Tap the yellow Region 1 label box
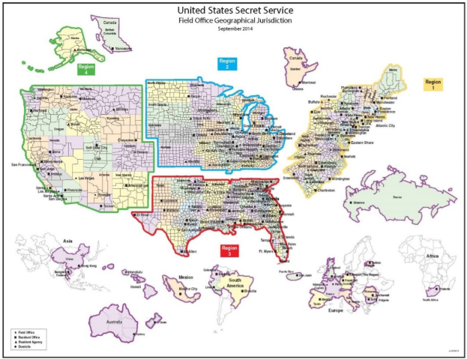click(433, 83)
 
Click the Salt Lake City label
click(100, 148)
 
